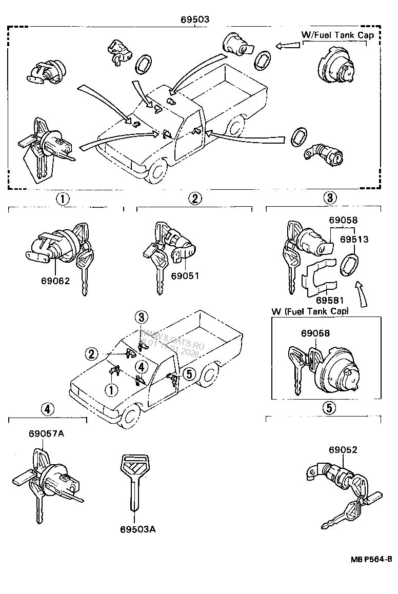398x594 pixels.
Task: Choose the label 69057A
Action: [x=46, y=434]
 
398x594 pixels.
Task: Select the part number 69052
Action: [x=343, y=450]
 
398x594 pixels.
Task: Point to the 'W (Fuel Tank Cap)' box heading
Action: [x=310, y=311]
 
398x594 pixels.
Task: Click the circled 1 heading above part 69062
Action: [x=62, y=199]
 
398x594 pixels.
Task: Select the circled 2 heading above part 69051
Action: [x=194, y=199]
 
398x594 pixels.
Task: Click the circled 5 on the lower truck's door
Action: [x=189, y=373]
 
